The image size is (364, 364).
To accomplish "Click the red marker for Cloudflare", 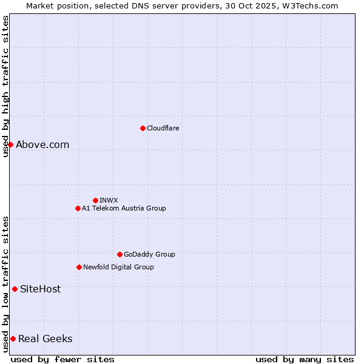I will point(143,128).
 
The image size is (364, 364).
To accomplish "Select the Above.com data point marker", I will point(10,144).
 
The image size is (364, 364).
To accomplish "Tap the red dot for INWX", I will point(95,200).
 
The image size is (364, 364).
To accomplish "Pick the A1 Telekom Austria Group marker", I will point(78,208).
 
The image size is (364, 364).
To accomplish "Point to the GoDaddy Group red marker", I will point(120,254).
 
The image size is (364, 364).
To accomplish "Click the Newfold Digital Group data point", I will point(79,267).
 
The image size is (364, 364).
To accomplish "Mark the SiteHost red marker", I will point(15,289).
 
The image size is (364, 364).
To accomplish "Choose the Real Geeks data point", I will point(13,339).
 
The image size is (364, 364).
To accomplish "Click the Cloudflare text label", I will point(163,128).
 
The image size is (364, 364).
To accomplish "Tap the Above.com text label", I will point(42,144).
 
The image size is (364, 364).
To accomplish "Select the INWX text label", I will point(109,200).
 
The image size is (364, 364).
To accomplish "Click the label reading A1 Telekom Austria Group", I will point(124,208).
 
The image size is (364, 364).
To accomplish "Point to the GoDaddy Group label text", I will point(149,254).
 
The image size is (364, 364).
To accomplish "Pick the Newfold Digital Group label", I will point(118,267).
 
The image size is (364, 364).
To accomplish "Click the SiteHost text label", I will point(40,289).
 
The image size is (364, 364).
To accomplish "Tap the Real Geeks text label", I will point(45,339).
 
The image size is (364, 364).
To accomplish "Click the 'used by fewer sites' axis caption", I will point(62,359).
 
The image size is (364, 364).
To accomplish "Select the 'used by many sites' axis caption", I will point(305,359).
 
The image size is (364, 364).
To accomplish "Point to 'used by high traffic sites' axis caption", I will point(5,86).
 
